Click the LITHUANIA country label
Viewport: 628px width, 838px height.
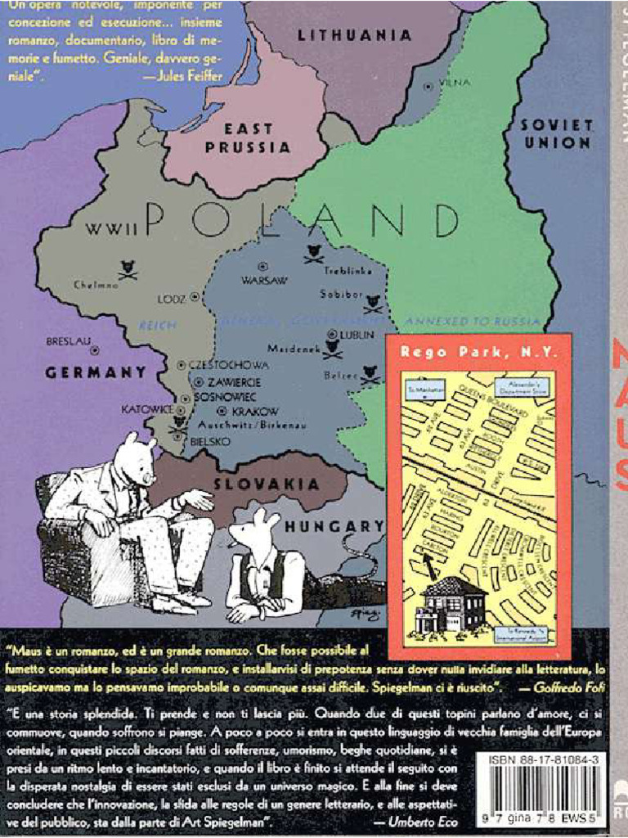354,36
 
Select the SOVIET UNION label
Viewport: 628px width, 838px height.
556,133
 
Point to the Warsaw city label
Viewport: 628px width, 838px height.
264,280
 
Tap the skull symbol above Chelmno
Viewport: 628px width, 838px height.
127,268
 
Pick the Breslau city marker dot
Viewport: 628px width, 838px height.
95,349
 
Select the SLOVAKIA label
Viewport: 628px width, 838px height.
261,484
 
